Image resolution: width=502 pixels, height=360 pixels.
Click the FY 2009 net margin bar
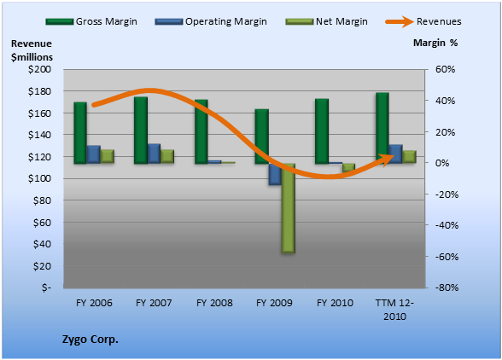coord(289,208)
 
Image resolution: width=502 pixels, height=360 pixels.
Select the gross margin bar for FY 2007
coord(141,131)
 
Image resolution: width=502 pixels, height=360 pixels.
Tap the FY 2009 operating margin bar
coord(275,174)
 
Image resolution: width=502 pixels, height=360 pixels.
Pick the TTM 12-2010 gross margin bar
coord(382,128)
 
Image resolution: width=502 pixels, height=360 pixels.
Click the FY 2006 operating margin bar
coord(94,154)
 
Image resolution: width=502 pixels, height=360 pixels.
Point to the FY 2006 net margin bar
coord(108,156)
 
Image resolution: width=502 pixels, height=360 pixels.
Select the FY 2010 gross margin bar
coord(322,131)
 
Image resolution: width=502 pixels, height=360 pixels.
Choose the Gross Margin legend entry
coord(91,21)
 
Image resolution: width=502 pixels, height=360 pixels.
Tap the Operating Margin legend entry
coord(211,21)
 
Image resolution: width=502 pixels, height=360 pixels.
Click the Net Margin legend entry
coord(326,21)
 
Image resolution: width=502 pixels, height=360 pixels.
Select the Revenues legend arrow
coord(400,22)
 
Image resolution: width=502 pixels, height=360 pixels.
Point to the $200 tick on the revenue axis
coord(39,69)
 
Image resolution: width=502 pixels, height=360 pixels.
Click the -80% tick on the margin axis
coord(447,287)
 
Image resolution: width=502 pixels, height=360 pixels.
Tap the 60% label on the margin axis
coord(445,69)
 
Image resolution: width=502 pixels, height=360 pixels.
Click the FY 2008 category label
coord(214,303)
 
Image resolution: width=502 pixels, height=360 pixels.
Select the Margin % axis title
coord(435,43)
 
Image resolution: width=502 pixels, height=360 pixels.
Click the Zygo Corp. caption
coord(90,340)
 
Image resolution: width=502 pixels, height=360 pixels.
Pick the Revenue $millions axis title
coord(32,50)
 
